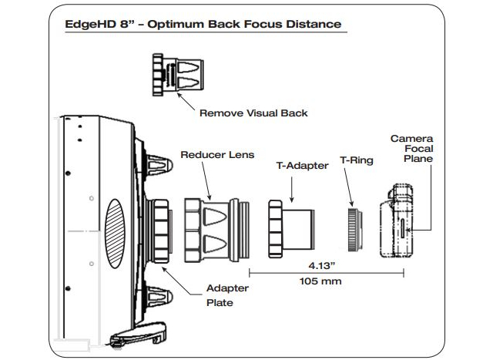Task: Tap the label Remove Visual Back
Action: [x=253, y=113]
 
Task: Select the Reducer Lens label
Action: [x=217, y=154]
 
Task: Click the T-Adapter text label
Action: [x=301, y=165]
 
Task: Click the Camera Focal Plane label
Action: [x=411, y=149]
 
